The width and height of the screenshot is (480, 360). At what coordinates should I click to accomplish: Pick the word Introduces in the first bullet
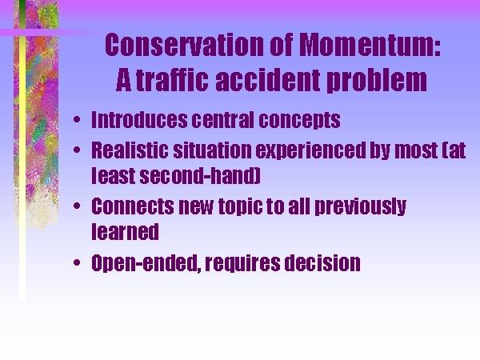(x=139, y=119)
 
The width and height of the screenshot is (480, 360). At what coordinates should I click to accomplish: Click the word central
(x=223, y=119)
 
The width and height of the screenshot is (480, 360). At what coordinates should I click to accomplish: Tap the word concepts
(x=299, y=120)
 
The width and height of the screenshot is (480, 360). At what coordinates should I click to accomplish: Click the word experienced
(x=311, y=150)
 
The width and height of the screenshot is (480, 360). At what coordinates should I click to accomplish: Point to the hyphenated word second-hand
(x=200, y=175)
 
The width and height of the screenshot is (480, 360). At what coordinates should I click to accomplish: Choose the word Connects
(x=133, y=206)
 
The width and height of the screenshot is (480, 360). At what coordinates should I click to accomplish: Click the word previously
(x=361, y=207)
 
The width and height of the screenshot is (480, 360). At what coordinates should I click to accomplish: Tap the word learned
(x=126, y=231)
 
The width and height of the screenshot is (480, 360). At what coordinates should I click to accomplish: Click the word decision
(x=322, y=262)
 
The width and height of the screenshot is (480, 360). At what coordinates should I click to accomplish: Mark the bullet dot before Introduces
(x=77, y=119)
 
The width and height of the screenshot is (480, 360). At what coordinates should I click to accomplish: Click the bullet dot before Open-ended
(x=77, y=262)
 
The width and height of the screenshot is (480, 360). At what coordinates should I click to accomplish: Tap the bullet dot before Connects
(x=77, y=206)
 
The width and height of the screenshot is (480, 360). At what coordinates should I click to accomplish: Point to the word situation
(x=212, y=150)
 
